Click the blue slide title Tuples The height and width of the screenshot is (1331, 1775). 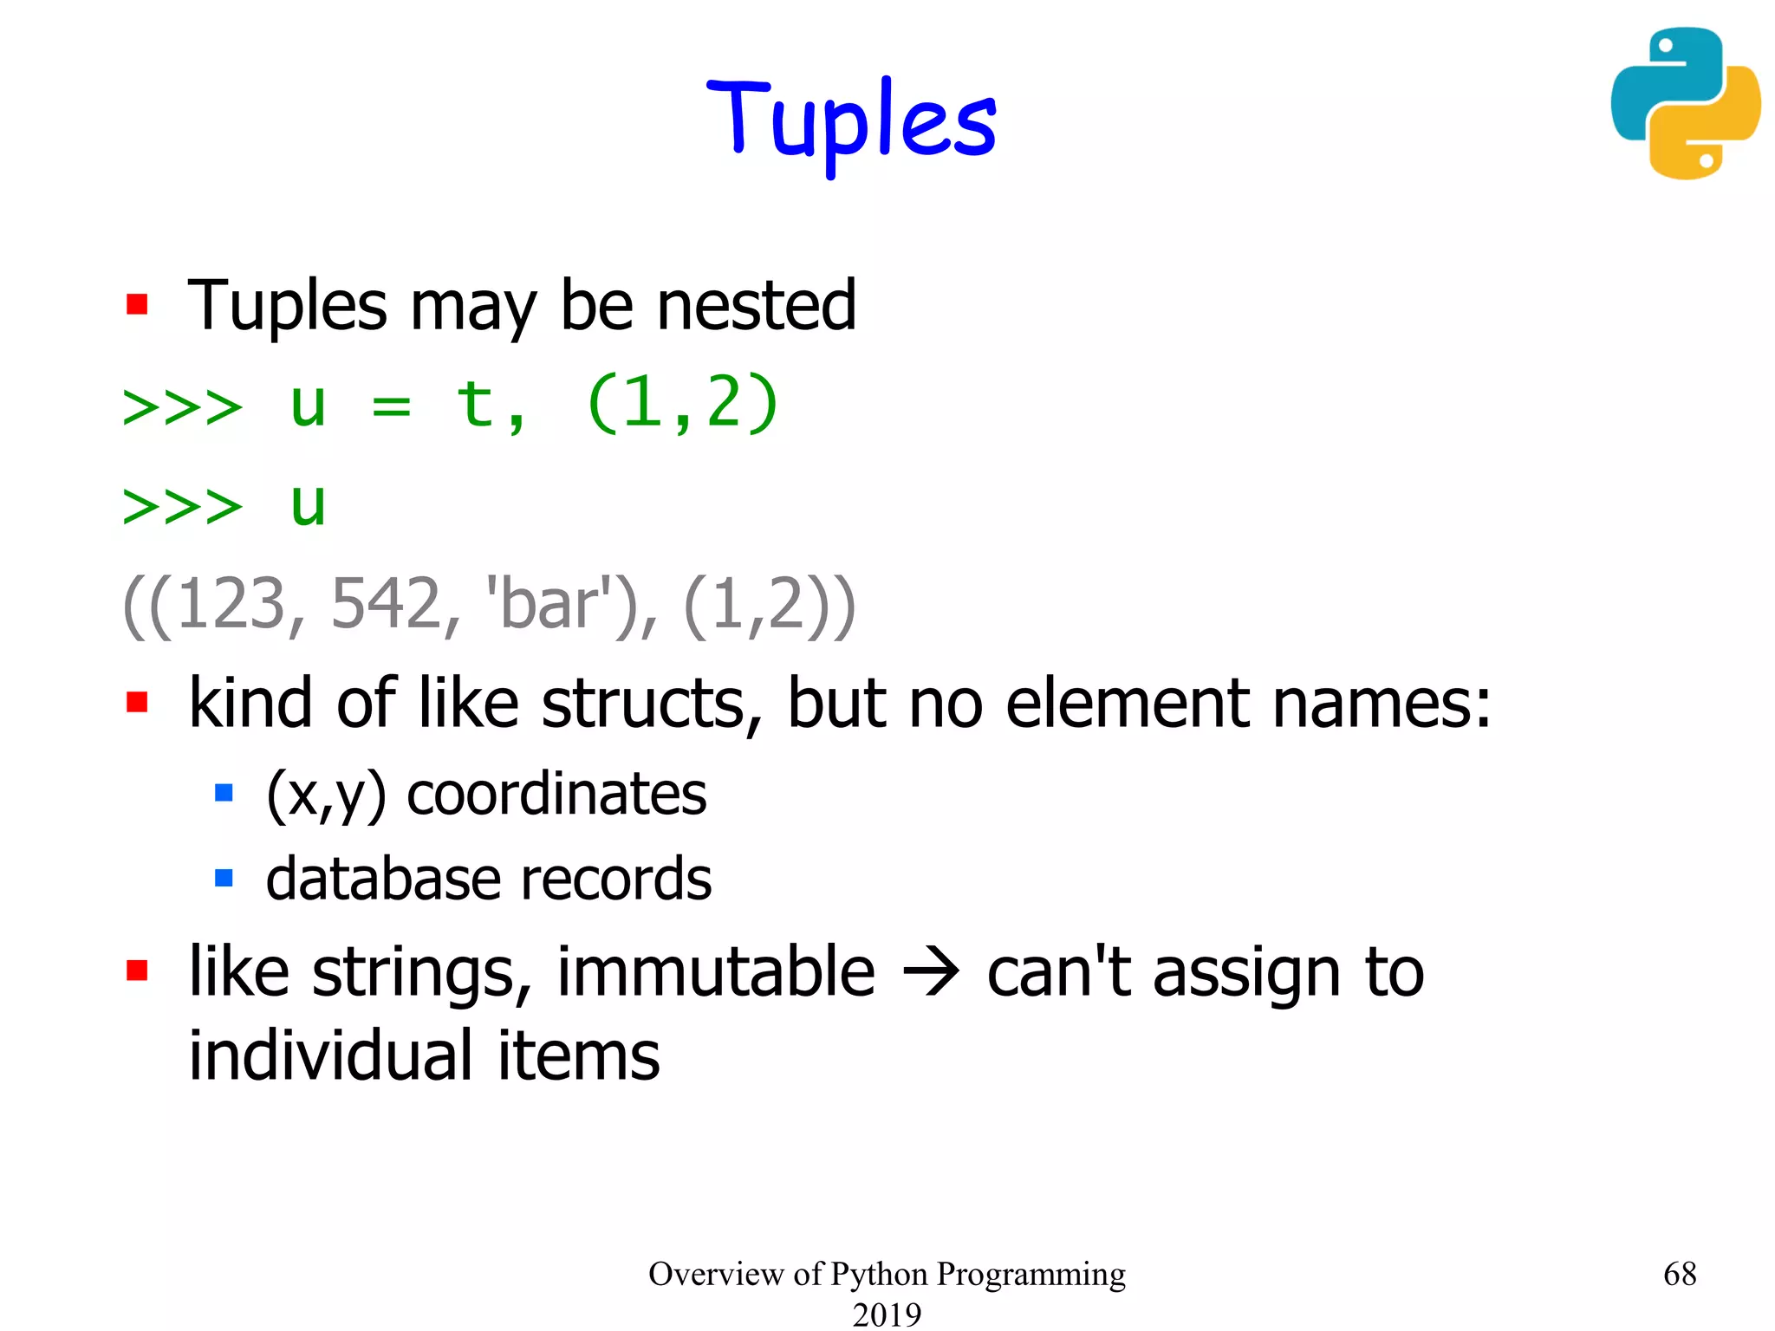pos(852,121)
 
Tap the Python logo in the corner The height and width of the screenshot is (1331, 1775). pos(1685,103)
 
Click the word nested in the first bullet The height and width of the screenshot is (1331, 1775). pos(757,306)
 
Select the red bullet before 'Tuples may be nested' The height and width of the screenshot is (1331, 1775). pos(137,305)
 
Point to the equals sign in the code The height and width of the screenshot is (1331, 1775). pos(391,405)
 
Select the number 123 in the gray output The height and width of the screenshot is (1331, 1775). pos(231,604)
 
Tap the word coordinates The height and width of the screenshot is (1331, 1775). pos(556,794)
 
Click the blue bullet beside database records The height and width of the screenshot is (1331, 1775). pos(224,879)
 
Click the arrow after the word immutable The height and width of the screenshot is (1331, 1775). pos(931,973)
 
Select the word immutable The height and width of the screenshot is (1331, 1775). pos(716,972)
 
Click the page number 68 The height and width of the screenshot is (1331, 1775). pos(1680,1274)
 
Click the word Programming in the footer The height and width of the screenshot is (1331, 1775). pos(1031,1275)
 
